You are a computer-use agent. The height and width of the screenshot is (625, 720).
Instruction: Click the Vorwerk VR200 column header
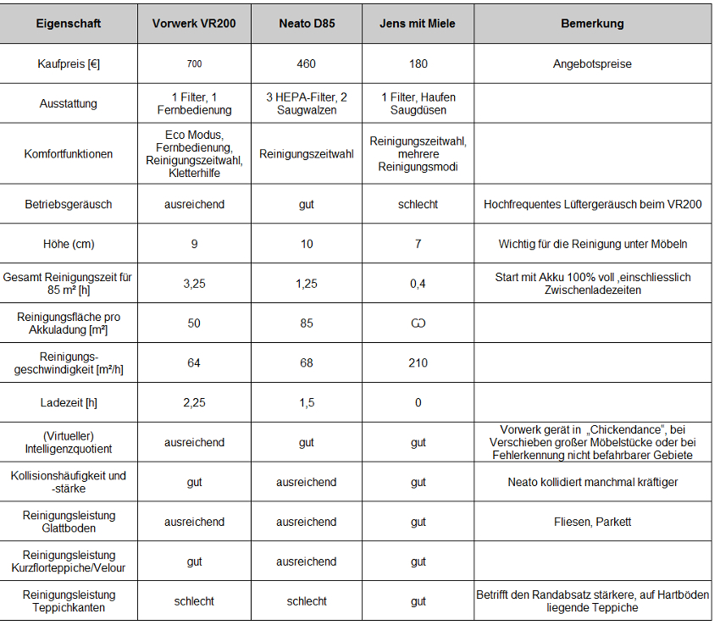[x=194, y=23]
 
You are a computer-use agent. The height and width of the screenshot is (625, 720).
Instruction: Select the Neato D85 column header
[x=307, y=23]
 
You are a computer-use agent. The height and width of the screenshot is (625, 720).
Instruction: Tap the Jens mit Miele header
[x=418, y=23]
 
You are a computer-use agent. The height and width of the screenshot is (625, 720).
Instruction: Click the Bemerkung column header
[x=592, y=23]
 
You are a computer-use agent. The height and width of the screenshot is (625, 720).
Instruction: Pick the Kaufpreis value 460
[x=307, y=64]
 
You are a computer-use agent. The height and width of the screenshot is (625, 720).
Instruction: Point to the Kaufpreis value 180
[x=418, y=64]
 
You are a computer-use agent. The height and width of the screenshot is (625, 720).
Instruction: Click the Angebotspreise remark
[x=592, y=64]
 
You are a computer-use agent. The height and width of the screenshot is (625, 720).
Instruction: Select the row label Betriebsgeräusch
[x=69, y=204]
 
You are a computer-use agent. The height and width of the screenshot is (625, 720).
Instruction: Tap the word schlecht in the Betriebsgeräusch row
[x=418, y=204]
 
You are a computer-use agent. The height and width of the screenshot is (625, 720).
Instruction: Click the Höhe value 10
[x=307, y=244]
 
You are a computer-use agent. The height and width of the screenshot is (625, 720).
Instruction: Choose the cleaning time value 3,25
[x=194, y=284]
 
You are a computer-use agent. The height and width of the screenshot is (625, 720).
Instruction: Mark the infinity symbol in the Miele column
[x=418, y=323]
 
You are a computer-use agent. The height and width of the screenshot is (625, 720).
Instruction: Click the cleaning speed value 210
[x=418, y=362]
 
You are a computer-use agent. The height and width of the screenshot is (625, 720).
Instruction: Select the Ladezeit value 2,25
[x=194, y=402]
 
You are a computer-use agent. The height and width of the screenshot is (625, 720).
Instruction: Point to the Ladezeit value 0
[x=418, y=402]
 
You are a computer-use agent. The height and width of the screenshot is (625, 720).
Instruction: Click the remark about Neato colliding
[x=592, y=482]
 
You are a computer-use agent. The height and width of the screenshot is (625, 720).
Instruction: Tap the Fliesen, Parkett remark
[x=592, y=522]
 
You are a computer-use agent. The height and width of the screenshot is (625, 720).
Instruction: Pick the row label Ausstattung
[x=69, y=103]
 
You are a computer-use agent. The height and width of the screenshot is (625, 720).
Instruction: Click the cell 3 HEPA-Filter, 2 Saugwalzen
[x=307, y=103]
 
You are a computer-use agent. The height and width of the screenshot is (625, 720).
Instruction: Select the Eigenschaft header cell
[x=69, y=23]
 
